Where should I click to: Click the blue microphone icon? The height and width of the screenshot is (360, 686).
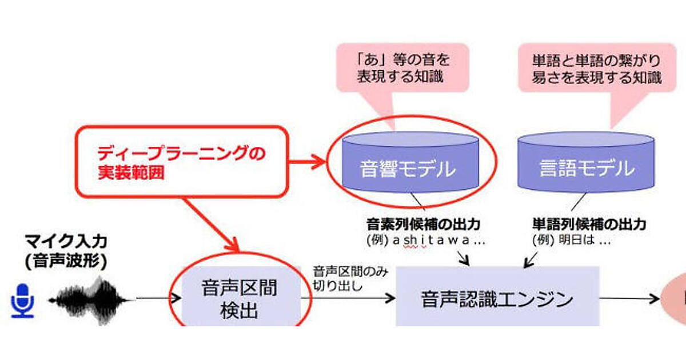[23, 301]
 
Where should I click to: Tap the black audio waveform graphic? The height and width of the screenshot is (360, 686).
[91, 298]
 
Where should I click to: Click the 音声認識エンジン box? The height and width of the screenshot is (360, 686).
[497, 298]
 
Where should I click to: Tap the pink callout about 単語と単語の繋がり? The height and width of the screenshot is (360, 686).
[596, 67]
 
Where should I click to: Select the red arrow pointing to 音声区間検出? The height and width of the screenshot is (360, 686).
[212, 226]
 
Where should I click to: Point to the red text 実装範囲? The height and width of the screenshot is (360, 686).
[131, 173]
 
